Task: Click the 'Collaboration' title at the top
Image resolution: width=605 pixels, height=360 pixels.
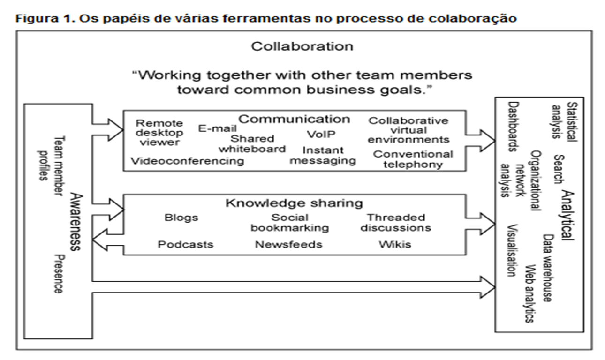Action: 302,46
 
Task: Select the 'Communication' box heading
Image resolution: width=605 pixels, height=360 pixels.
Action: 294,119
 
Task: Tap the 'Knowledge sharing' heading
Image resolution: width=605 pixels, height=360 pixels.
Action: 294,203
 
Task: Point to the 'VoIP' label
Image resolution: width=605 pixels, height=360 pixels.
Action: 321,135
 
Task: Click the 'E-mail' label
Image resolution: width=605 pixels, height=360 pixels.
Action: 217,128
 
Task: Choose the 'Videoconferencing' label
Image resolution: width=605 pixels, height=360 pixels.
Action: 187,161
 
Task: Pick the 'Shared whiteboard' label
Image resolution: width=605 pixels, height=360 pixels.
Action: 252,143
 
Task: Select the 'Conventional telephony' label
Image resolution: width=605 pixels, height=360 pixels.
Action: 413,159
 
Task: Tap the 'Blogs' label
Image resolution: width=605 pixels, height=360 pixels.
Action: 181,217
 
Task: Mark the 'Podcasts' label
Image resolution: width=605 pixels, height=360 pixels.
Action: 185,244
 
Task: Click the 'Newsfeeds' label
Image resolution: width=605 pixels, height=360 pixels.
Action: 288,244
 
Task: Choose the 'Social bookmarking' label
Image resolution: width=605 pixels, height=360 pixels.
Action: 289,223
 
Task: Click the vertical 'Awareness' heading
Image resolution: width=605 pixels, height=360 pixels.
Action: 75,221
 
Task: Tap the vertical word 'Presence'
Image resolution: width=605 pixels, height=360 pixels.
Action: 58,274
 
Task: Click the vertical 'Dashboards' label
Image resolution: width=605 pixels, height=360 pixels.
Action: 513,127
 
